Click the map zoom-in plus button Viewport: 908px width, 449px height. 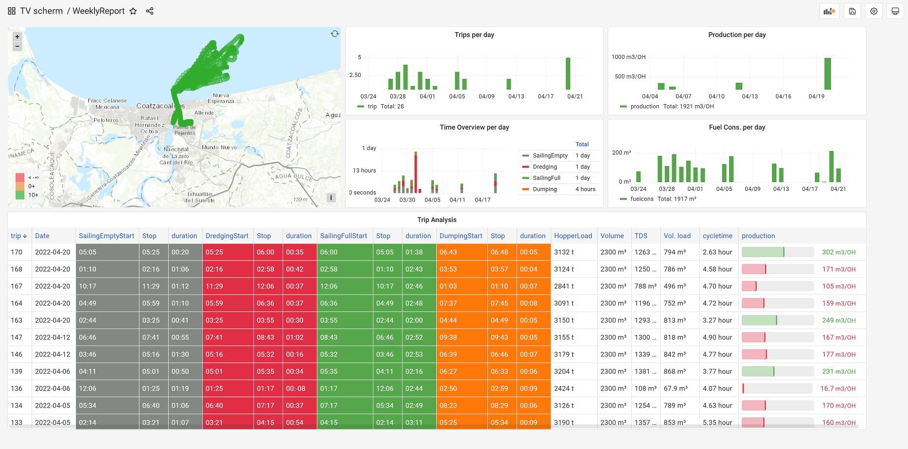(17, 37)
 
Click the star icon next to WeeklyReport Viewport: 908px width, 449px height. (133, 11)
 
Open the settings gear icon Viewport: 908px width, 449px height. (873, 11)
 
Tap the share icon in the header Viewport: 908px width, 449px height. (150, 11)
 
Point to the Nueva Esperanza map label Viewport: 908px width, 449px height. (221, 98)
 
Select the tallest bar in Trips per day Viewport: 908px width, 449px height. (568, 74)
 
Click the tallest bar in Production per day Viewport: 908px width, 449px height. (827, 74)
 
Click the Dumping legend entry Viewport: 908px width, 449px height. (544, 189)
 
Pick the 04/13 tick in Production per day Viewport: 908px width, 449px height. (750, 96)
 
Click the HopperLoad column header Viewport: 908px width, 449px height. (573, 236)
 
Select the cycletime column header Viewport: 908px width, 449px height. (717, 236)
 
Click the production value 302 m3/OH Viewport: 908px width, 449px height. (838, 252)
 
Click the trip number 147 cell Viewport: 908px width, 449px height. (17, 337)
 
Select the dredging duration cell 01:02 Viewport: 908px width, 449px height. (294, 337)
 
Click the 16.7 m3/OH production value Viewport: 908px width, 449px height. (838, 388)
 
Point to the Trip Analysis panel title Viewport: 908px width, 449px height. (437, 220)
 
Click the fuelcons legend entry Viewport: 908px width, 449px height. (641, 199)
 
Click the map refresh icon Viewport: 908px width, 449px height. (334, 34)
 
